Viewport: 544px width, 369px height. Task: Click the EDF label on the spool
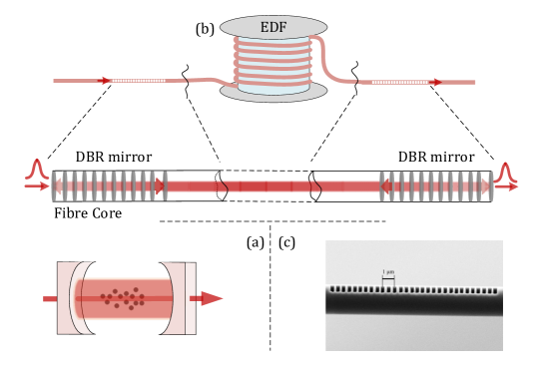coord(273,27)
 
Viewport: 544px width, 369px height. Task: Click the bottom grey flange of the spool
coord(273,93)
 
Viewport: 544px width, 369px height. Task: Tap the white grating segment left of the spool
coord(139,81)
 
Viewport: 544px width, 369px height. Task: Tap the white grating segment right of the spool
coord(398,82)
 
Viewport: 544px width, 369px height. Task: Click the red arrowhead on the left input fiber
coord(106,81)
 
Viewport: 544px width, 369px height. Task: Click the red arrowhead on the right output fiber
coord(435,82)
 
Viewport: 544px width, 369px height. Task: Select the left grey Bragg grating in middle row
coord(110,185)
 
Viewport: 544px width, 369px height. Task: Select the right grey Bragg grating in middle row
coord(436,185)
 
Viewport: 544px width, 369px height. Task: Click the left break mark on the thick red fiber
coord(222,185)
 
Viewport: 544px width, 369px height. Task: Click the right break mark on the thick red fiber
coord(315,185)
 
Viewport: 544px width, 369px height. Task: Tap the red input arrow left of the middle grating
coord(37,185)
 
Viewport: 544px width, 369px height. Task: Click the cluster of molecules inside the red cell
coord(123,298)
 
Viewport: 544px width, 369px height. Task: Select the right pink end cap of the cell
coord(185,298)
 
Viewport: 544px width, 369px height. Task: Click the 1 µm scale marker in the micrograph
coord(388,276)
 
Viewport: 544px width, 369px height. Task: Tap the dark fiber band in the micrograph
coord(413,302)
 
